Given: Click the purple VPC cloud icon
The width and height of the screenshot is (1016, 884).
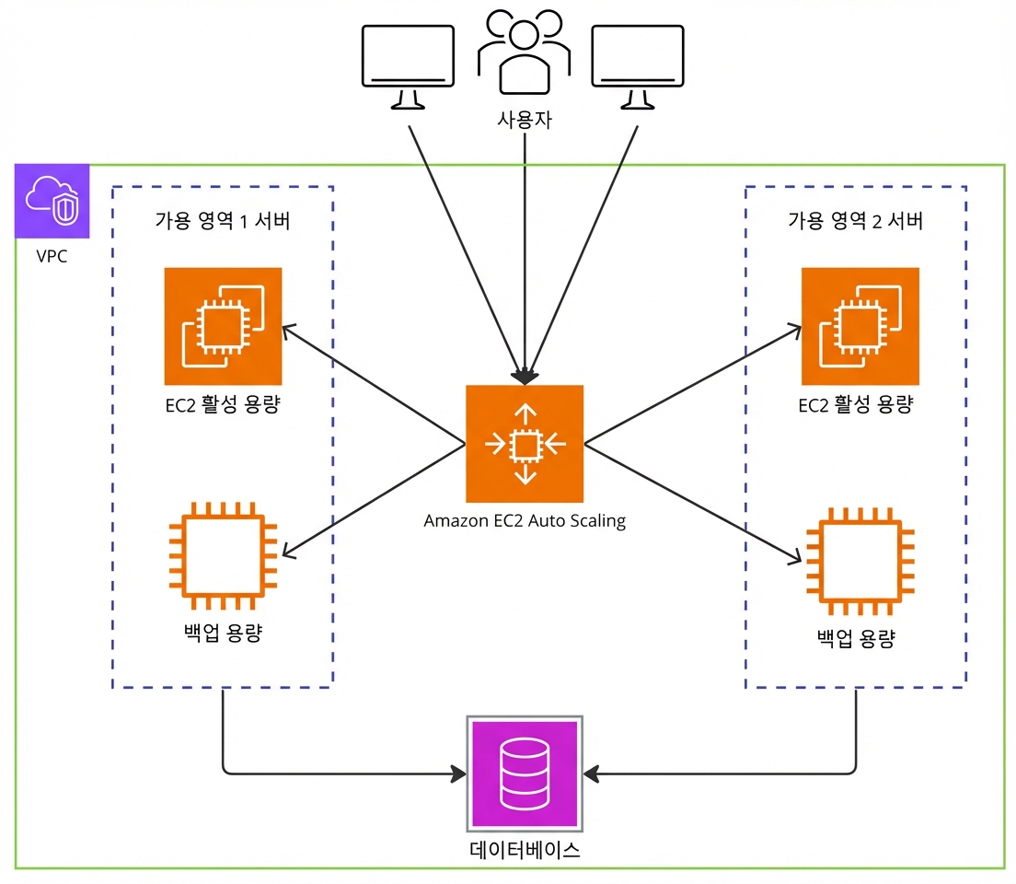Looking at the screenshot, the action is (x=52, y=201).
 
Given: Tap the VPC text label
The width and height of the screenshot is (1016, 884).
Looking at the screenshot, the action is (x=52, y=256).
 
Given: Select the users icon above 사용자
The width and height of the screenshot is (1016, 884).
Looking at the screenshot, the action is (x=525, y=52).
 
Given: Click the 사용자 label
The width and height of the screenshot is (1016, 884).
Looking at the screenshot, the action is (x=525, y=120).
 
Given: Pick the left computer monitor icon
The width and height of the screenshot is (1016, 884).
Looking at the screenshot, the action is (x=408, y=67).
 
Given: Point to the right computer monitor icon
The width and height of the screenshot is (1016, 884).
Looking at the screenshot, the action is (x=638, y=67).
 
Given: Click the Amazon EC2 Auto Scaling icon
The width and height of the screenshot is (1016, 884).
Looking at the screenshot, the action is (x=525, y=444).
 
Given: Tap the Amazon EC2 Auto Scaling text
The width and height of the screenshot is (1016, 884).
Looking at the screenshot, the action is (x=525, y=521).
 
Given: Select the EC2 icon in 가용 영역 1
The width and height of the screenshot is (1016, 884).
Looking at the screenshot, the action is (x=223, y=326).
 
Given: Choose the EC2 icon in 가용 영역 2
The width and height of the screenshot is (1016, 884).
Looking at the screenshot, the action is (x=860, y=326).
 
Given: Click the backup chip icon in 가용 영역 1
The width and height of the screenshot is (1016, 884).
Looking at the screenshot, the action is (x=223, y=556).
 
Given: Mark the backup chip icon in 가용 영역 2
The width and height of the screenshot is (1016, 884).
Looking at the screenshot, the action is (x=860, y=561).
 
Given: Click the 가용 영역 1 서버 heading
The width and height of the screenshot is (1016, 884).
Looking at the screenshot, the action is (x=223, y=220).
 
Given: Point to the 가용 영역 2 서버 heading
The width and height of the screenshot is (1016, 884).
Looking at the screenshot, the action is (x=855, y=220).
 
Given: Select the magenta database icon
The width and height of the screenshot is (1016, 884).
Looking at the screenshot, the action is (x=525, y=773).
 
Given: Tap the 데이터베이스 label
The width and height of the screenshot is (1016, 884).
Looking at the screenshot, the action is (x=525, y=850).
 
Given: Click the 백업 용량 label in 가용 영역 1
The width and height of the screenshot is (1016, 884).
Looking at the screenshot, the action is (x=223, y=633).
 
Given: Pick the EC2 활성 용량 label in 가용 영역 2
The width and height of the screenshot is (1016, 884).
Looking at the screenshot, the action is (x=855, y=405).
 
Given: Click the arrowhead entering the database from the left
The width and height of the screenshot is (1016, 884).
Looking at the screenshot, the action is (x=459, y=773).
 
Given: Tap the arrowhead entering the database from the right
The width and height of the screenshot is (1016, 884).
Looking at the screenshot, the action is (x=591, y=773).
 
